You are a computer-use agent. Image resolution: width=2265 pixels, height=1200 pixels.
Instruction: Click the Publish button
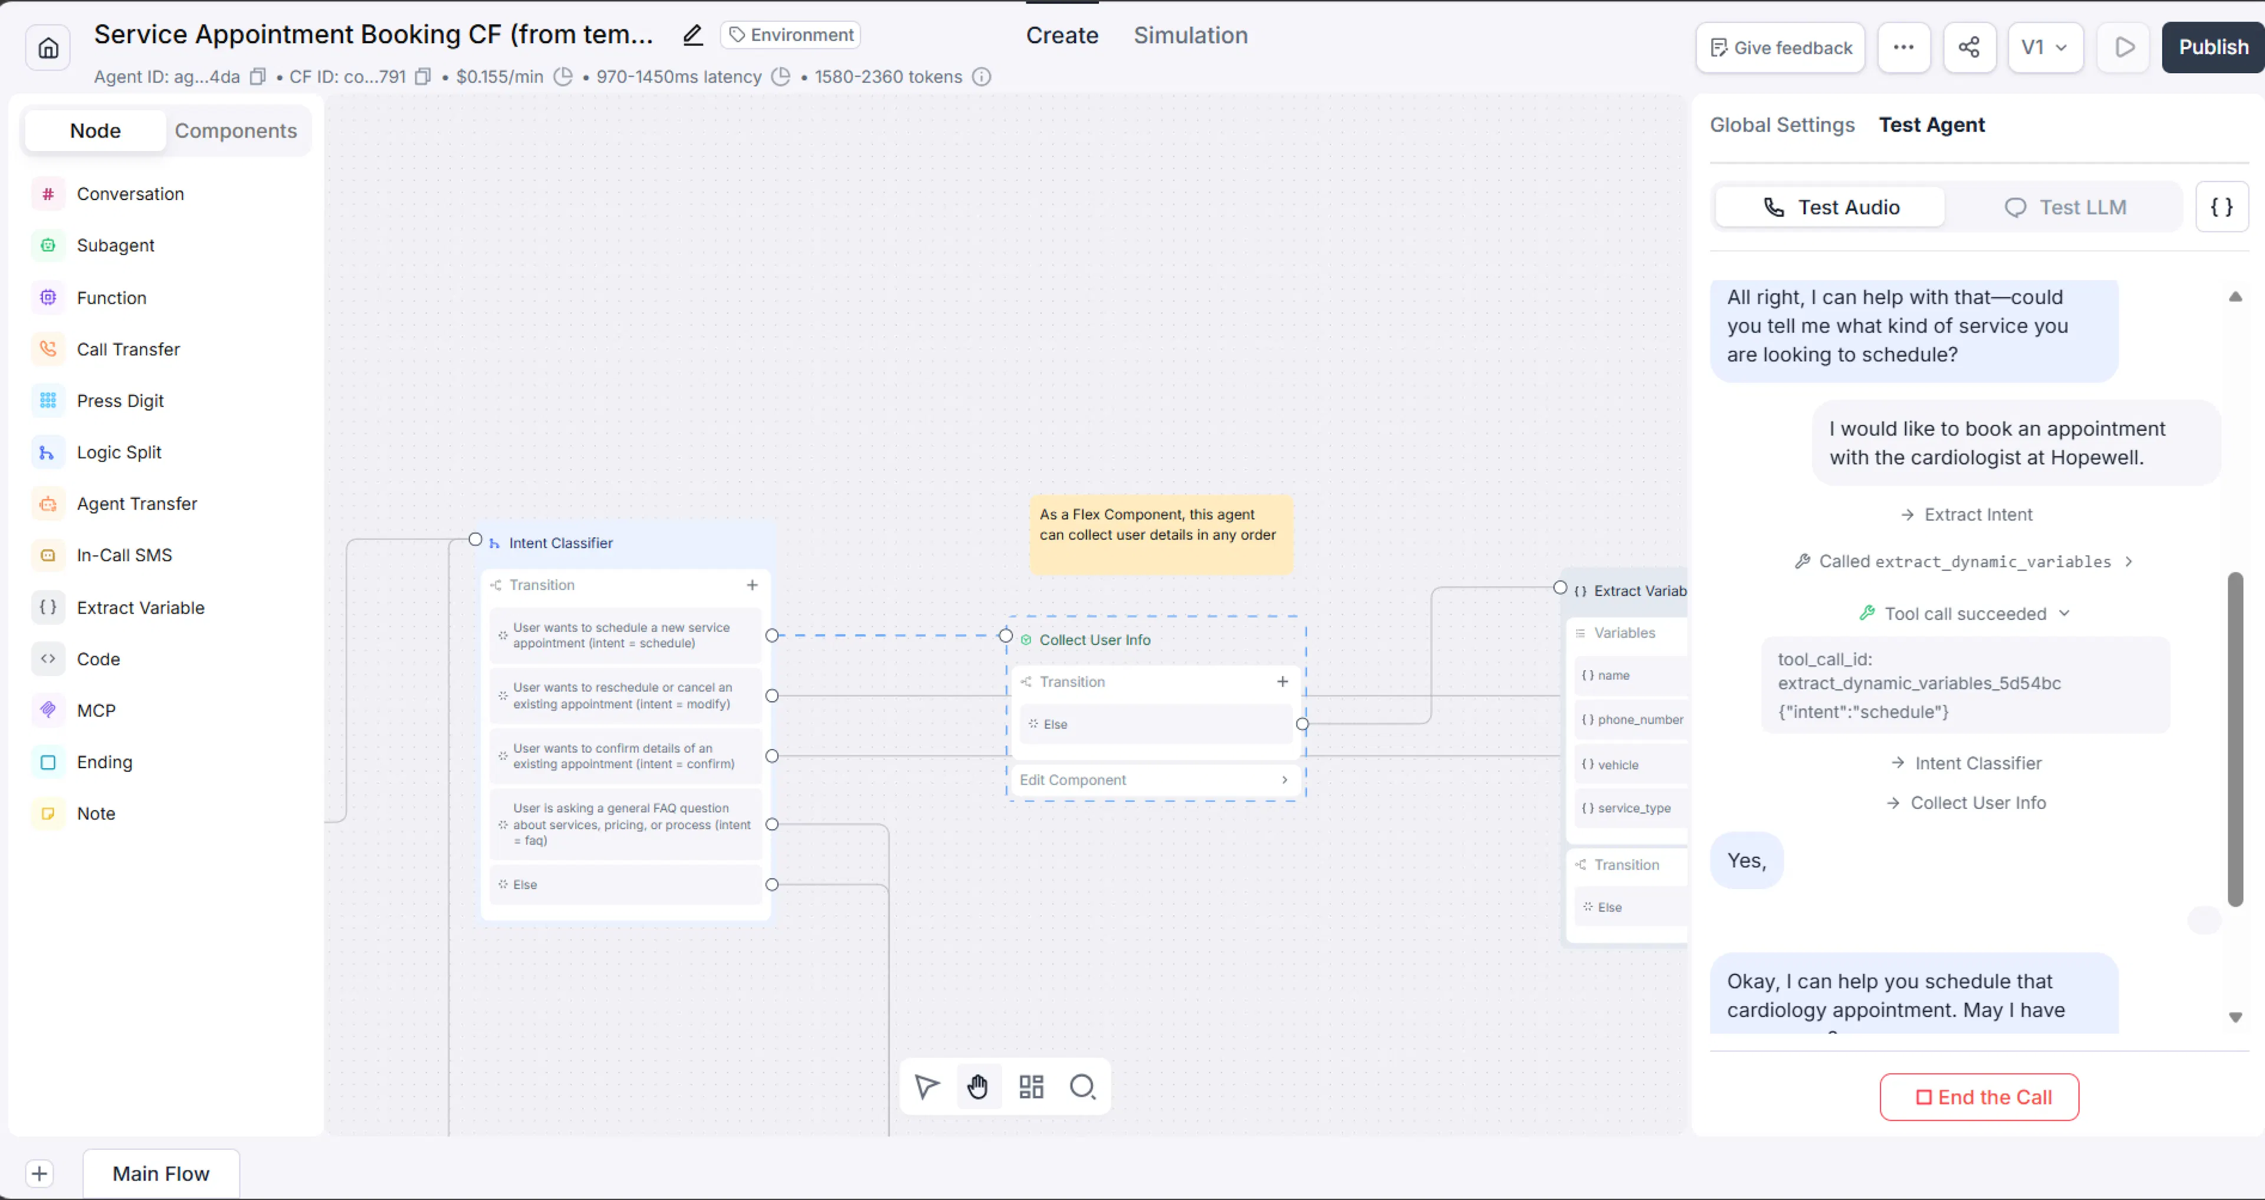pyautogui.click(x=2213, y=48)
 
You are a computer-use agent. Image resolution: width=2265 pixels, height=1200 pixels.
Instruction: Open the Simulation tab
pyautogui.click(x=1190, y=35)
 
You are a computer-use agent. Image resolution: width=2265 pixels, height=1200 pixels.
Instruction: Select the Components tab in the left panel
pyautogui.click(x=236, y=130)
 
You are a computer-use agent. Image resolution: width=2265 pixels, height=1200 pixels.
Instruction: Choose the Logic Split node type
pyautogui.click(x=119, y=452)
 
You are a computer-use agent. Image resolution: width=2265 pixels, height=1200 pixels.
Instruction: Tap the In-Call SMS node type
pyautogui.click(x=124, y=555)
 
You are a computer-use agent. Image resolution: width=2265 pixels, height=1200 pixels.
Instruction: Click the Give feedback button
pyautogui.click(x=1781, y=48)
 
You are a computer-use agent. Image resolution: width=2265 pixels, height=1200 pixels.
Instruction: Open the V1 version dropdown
pyautogui.click(x=2045, y=48)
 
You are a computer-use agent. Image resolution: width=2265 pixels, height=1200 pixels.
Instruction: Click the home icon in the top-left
pyautogui.click(x=48, y=48)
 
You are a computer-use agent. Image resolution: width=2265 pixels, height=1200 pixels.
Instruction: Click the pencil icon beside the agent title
pyautogui.click(x=693, y=35)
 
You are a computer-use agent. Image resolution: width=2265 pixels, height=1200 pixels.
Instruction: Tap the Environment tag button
pyautogui.click(x=790, y=35)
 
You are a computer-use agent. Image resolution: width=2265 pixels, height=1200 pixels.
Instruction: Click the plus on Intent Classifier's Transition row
pyautogui.click(x=752, y=585)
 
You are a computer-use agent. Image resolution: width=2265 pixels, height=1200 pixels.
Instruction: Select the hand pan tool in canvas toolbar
pyautogui.click(x=978, y=1087)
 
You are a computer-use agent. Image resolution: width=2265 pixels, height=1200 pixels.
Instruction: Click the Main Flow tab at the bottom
pyautogui.click(x=161, y=1173)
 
